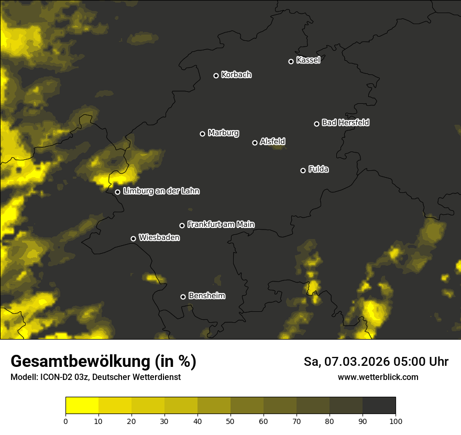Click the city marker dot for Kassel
click(x=291, y=61)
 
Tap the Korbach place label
click(x=236, y=75)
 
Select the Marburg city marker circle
click(x=202, y=134)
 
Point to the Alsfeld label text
click(x=272, y=142)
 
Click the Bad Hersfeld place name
click(x=345, y=123)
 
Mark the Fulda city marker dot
click(x=303, y=170)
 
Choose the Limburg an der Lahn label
click(x=161, y=191)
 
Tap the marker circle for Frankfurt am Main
click(x=182, y=225)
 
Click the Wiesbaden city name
click(x=159, y=238)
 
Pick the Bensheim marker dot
click(x=183, y=297)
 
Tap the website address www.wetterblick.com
click(x=378, y=377)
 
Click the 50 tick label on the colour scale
click(x=230, y=421)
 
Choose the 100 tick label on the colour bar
click(x=396, y=421)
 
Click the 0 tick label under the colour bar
click(x=65, y=421)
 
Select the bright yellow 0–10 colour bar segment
click(x=82, y=406)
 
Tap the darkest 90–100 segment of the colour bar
click(x=379, y=406)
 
